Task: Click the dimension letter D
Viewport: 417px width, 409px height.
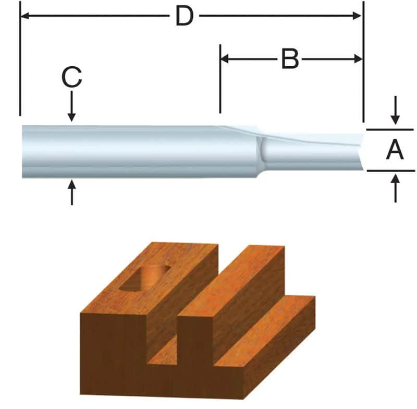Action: [183, 16]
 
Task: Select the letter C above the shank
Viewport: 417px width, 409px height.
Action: [71, 78]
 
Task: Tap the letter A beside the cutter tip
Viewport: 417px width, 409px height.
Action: [395, 151]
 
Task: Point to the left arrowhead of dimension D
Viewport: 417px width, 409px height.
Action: [24, 16]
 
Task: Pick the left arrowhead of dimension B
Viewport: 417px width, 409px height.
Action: [224, 58]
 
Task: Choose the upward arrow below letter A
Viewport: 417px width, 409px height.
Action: [396, 181]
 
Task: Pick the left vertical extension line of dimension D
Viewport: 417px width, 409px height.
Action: [20, 57]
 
